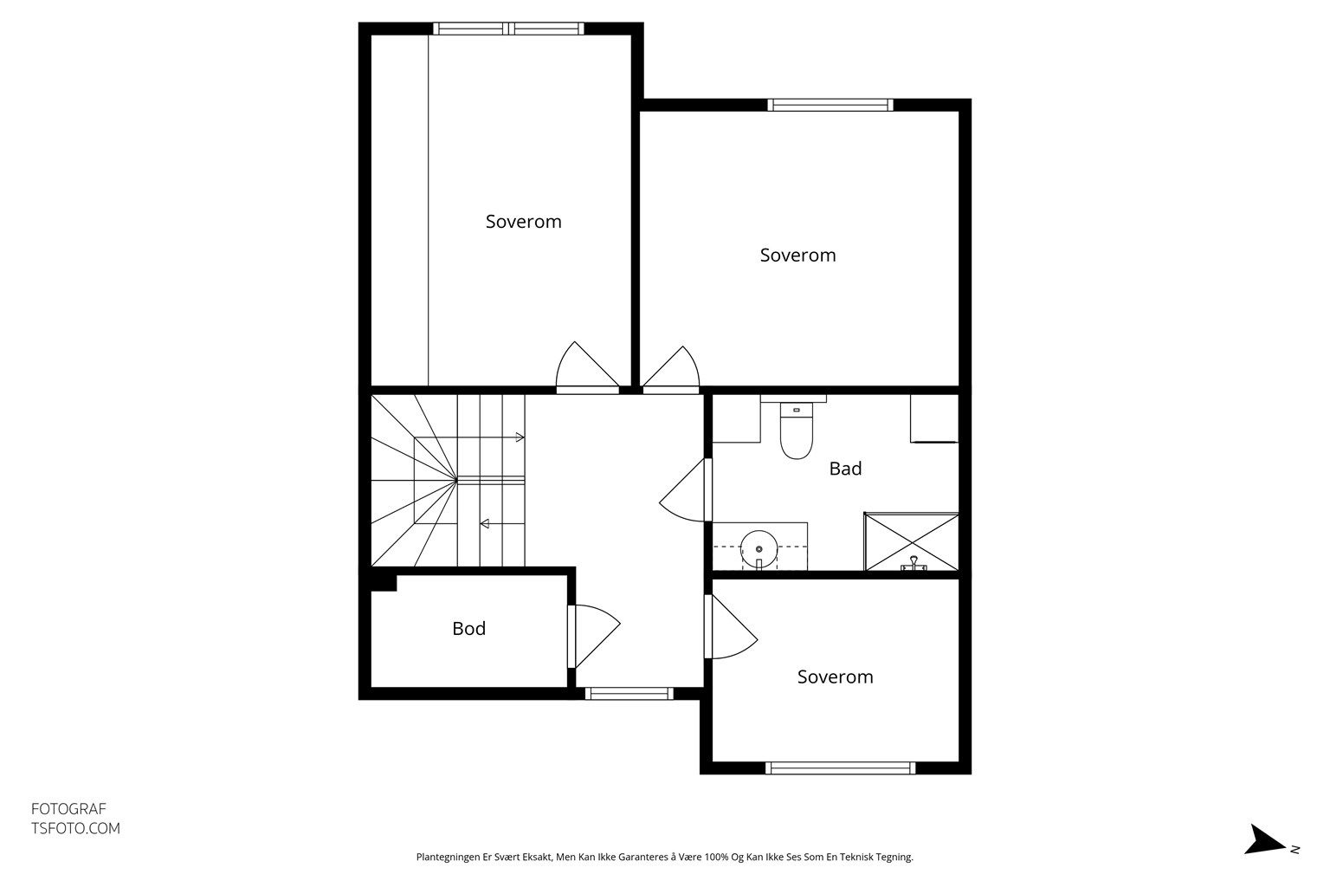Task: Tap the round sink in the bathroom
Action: click(759, 549)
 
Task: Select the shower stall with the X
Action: click(912, 542)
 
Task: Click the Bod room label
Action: click(469, 628)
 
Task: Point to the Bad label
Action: click(845, 469)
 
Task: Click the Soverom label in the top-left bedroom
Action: click(523, 222)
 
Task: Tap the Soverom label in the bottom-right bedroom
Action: click(835, 677)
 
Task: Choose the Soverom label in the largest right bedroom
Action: click(798, 255)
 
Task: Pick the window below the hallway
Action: click(629, 693)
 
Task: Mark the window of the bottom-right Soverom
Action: click(840, 768)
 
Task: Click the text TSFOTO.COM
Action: click(75, 828)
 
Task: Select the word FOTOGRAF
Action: click(68, 808)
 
